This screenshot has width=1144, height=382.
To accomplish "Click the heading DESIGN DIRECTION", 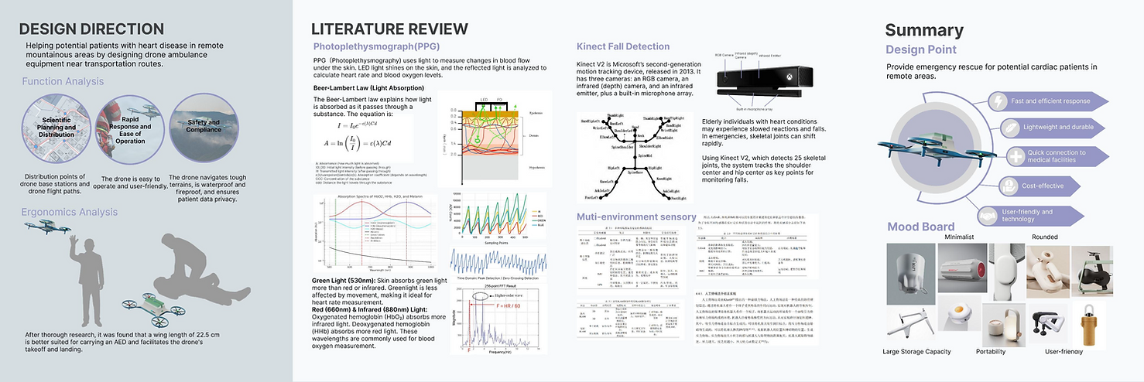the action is click(91, 29).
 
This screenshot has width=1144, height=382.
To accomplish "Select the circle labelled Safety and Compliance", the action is click(203, 125).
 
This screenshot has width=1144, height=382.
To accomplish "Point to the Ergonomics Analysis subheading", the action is click(70, 212).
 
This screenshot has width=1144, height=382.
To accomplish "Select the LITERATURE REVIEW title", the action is click(389, 29).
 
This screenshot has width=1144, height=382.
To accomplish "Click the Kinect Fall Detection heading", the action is click(623, 46).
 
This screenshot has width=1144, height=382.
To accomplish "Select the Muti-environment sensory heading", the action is click(636, 217).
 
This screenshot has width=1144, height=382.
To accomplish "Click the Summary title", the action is click(924, 30).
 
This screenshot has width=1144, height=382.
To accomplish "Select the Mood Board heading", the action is click(920, 227).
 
